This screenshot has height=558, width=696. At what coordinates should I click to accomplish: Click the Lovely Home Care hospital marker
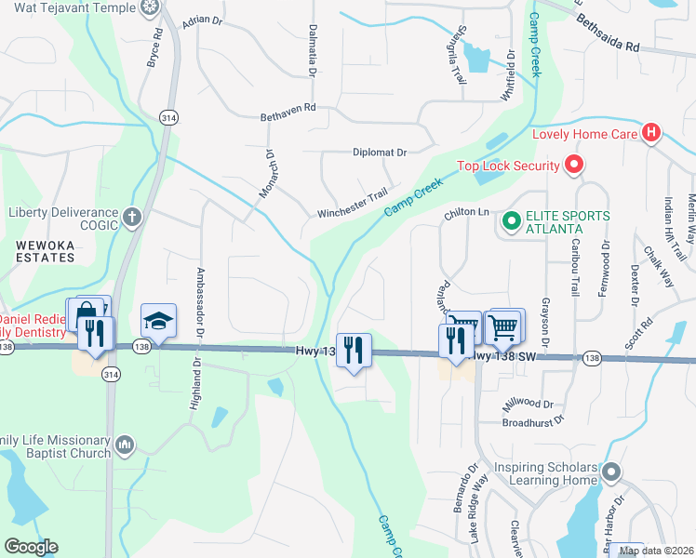[x=651, y=133]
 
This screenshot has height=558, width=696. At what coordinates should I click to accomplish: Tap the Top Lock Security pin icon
[x=574, y=166]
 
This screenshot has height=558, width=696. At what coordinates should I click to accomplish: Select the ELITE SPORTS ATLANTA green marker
[x=510, y=221]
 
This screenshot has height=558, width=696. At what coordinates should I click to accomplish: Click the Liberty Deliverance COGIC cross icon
[x=132, y=218]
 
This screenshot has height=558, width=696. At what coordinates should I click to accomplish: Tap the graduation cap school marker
[x=158, y=321]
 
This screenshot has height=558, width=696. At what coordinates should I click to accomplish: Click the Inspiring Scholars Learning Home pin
[x=610, y=473]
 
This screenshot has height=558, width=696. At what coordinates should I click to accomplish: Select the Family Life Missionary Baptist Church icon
[x=125, y=446]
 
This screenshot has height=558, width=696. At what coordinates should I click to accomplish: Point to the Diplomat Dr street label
[x=380, y=153]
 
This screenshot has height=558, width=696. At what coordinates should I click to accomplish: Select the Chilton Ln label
[x=466, y=213]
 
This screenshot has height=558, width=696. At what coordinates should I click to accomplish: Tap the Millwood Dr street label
[x=528, y=405]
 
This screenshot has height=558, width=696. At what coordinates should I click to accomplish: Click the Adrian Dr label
[x=204, y=19]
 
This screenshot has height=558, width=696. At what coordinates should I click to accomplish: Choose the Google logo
[x=31, y=547]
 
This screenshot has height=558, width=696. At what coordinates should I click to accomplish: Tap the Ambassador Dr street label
[x=199, y=298]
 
